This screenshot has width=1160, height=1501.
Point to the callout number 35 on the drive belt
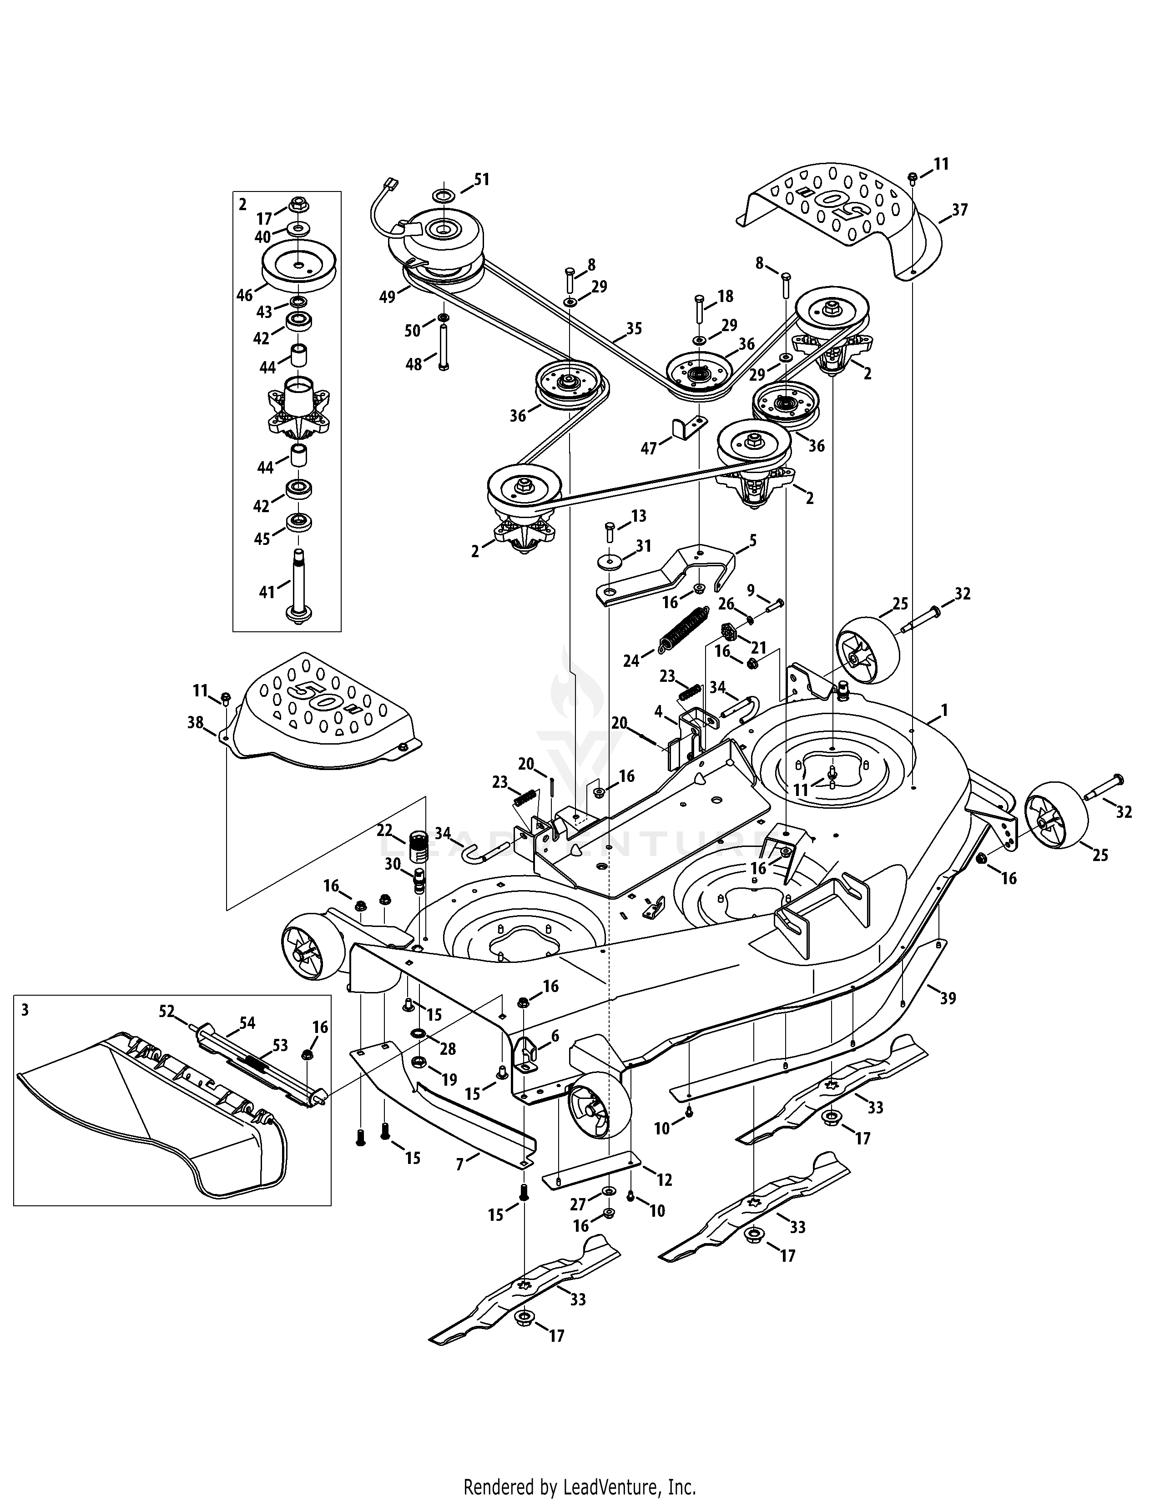click(x=634, y=328)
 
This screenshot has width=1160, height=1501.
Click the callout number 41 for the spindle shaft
click(x=267, y=590)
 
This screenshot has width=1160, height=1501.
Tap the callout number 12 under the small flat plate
click(x=664, y=1179)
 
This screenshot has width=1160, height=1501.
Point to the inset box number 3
click(x=25, y=1010)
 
